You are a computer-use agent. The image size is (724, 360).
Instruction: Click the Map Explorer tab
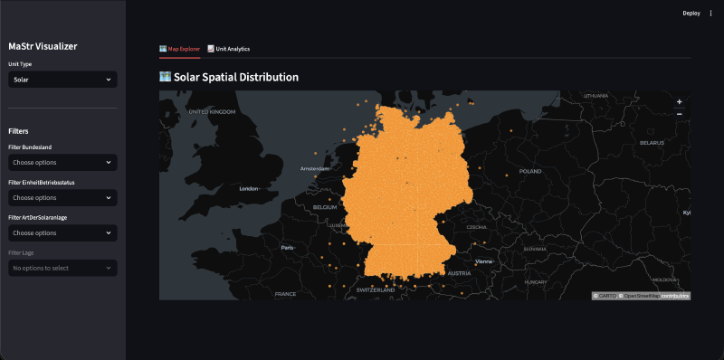pyautogui.click(x=179, y=49)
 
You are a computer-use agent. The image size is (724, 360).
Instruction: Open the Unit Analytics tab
pyautogui.click(x=228, y=49)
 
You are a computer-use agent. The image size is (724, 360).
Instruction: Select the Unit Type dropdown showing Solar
pyautogui.click(x=62, y=80)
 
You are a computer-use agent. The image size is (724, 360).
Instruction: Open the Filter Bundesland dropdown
pyautogui.click(x=62, y=162)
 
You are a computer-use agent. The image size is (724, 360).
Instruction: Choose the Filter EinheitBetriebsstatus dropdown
pyautogui.click(x=62, y=197)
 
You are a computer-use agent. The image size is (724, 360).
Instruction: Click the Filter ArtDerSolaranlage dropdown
pyautogui.click(x=62, y=232)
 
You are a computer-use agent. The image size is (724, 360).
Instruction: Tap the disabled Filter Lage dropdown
pyautogui.click(x=62, y=268)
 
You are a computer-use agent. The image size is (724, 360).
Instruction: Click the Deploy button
pyautogui.click(x=691, y=14)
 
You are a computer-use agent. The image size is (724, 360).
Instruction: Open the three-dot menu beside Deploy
pyautogui.click(x=710, y=14)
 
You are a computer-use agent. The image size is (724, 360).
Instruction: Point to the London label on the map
pyautogui.click(x=249, y=189)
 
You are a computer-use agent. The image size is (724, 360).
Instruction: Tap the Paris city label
pyautogui.click(x=288, y=247)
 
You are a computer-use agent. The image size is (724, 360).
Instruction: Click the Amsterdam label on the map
pyautogui.click(x=316, y=168)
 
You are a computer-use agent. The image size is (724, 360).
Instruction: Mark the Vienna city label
pyautogui.click(x=483, y=261)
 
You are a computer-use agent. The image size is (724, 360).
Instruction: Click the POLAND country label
pyautogui.click(x=529, y=171)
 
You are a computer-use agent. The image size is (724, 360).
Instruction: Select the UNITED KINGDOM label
pyautogui.click(x=211, y=111)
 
